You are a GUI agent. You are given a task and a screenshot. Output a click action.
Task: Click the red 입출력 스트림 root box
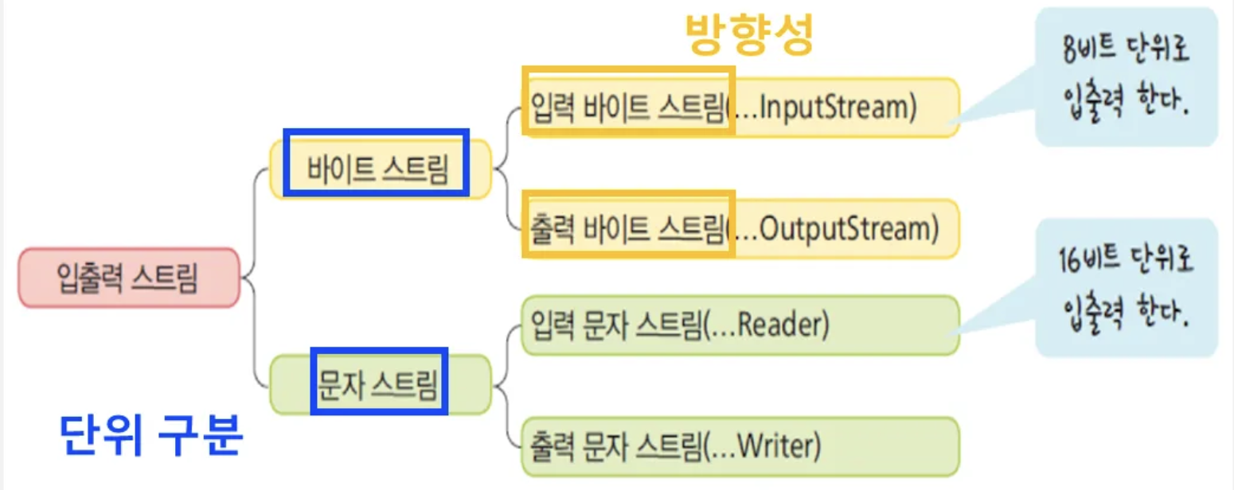(128, 278)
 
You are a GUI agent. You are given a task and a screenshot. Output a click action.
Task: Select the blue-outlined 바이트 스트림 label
(377, 169)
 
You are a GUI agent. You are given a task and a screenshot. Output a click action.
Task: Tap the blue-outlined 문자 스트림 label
(378, 385)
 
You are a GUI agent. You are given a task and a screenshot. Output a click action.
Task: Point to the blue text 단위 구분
(150, 435)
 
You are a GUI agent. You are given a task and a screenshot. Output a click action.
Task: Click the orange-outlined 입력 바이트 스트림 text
(627, 107)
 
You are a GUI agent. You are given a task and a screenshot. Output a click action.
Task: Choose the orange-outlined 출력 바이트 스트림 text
(627, 229)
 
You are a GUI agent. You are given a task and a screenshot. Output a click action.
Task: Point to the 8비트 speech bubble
(1127, 77)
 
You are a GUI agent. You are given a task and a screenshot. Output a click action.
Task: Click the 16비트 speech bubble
(1127, 288)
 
